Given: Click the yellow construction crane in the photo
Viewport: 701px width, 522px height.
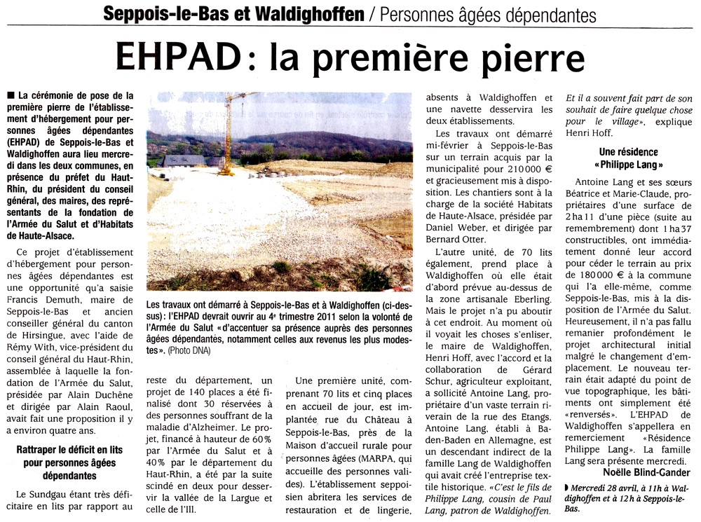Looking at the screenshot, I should [229, 132].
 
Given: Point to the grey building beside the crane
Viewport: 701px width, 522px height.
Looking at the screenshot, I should [184, 160].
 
